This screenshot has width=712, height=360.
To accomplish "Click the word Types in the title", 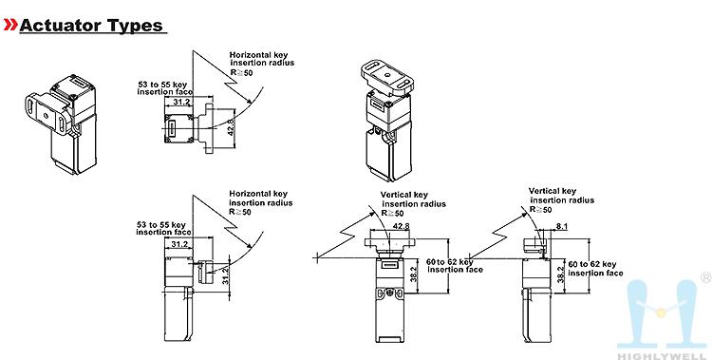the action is [135, 26].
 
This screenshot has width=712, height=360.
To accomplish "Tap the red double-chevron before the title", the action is [10, 25].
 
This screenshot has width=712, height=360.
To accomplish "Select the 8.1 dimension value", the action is [562, 226].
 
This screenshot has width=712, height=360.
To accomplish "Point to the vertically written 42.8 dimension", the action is [231, 127].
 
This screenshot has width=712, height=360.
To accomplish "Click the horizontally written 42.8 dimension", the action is [401, 226].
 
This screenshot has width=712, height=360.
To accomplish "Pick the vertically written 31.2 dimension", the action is [226, 275].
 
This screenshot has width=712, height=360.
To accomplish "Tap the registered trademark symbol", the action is [706, 277].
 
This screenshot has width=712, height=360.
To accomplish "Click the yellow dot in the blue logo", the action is [661, 313].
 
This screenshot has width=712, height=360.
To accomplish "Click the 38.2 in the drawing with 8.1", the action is [560, 275].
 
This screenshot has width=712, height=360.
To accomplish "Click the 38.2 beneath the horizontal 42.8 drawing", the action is [413, 275].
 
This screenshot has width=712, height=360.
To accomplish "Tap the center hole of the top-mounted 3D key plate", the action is [387, 73].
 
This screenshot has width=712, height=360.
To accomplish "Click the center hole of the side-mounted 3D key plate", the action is [47, 115].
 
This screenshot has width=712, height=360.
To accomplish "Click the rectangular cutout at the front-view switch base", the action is [389, 339].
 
